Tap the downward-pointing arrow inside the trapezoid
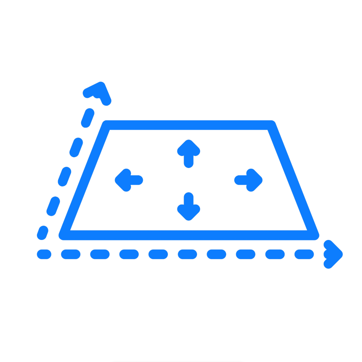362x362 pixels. (x=189, y=206)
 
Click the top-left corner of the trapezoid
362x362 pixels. (x=106, y=125)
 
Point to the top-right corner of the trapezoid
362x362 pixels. (x=272, y=125)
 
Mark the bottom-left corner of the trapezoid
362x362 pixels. (x=64, y=235)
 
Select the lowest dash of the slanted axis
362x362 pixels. (x=43, y=233)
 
